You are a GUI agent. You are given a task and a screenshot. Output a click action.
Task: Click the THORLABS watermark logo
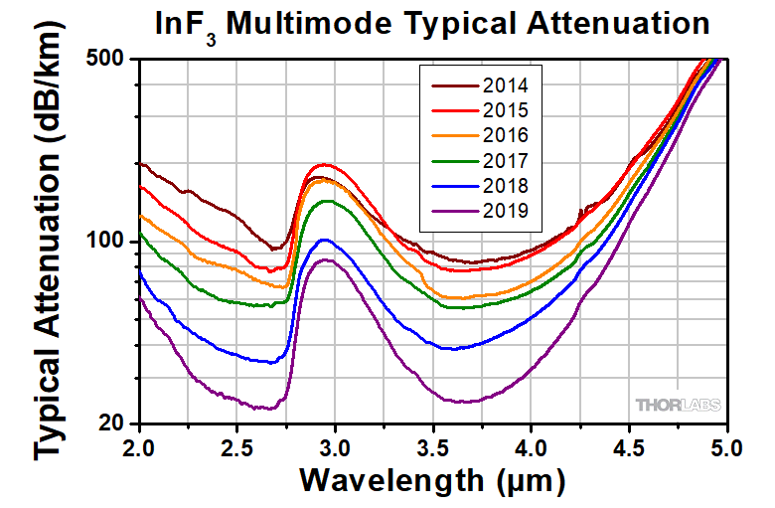(679, 406)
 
